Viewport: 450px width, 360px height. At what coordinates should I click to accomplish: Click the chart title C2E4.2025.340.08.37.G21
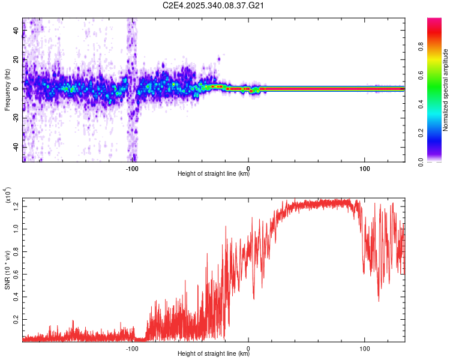click(x=214, y=6)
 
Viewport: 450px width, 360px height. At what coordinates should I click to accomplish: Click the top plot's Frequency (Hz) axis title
click(x=7, y=90)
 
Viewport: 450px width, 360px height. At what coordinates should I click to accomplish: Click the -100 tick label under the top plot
click(x=132, y=168)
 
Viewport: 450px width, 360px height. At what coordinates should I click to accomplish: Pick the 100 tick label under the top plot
click(x=365, y=168)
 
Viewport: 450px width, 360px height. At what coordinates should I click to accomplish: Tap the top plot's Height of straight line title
click(x=214, y=175)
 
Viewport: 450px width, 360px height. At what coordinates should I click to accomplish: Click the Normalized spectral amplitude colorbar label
click(x=445, y=90)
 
